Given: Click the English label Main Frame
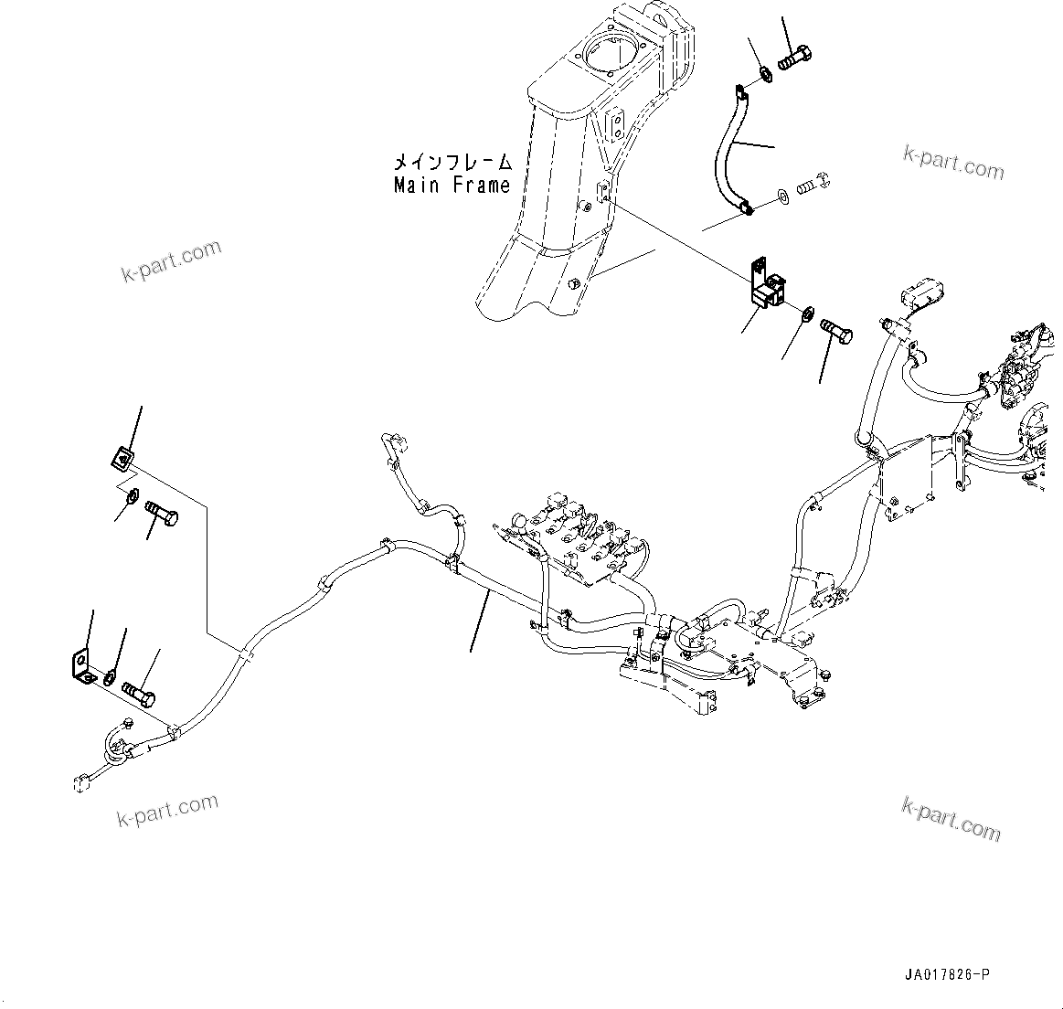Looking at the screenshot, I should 452,185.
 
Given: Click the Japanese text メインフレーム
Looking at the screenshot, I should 452,163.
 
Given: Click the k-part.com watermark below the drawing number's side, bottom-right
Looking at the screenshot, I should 951,817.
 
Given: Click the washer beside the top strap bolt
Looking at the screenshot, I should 764,73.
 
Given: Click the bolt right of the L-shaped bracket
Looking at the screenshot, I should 139,692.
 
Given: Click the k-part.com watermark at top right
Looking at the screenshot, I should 953,164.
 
